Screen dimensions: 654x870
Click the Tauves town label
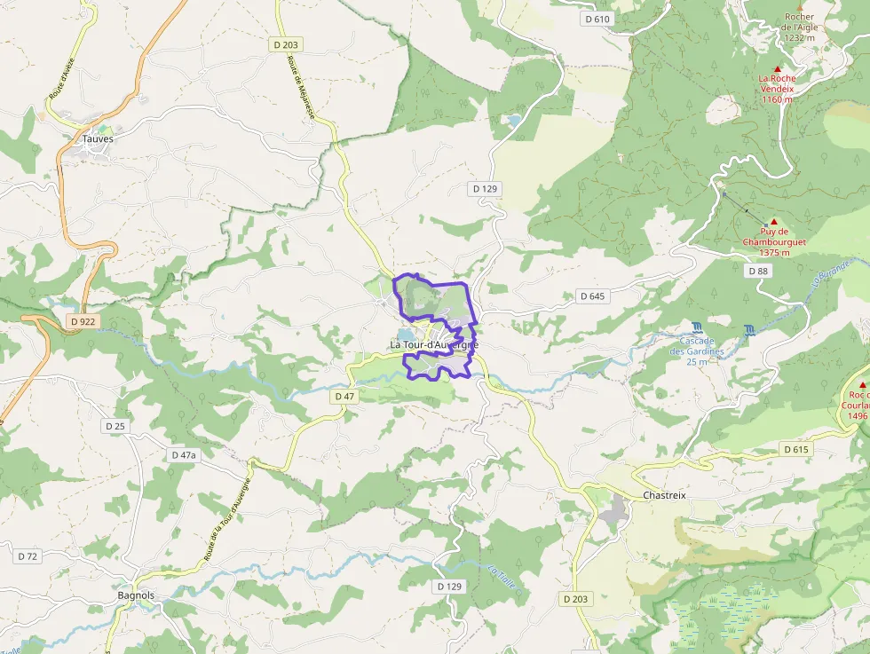coord(98,138)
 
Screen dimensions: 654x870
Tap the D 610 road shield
coord(598,19)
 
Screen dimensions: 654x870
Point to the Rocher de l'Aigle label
coord(799,27)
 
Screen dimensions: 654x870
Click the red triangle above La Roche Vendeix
coord(778,68)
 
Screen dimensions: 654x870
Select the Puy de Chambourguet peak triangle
coord(773,221)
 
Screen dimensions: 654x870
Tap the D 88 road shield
coord(758,271)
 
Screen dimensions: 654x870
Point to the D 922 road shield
coord(83,321)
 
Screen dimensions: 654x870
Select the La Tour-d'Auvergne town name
coord(434,344)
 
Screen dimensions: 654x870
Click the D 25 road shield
coord(115,426)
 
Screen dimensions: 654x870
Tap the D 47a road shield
coord(183,454)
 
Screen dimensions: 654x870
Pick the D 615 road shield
coord(796,450)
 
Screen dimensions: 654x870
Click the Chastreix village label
coord(664,495)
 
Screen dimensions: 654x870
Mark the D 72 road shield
coord(28,556)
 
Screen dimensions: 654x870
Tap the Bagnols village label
coord(136,595)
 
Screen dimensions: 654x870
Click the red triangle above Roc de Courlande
coord(861,384)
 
